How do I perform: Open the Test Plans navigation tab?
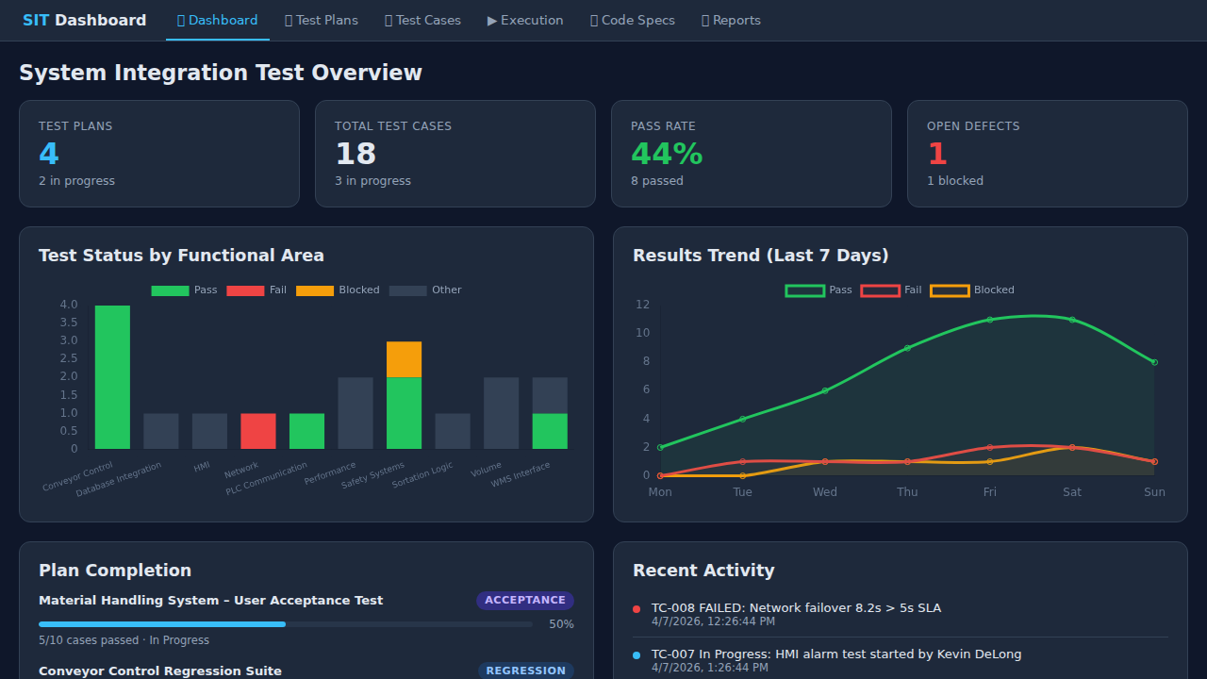pos(322,20)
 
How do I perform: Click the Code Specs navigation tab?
pos(633,20)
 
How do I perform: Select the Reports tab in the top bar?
pos(731,20)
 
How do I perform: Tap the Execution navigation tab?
pos(525,20)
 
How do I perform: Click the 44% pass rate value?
pos(667,154)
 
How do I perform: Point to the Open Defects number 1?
pos(936,154)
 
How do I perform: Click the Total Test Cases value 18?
pos(355,154)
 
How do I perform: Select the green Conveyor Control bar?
pos(112,376)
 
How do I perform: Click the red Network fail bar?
pos(258,431)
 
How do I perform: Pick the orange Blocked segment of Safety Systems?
pos(404,359)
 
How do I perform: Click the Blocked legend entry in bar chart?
pos(338,290)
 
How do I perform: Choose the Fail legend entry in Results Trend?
pos(891,290)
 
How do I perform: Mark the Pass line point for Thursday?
pos(907,348)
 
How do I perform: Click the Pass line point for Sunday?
pos(1154,362)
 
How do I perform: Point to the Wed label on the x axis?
pos(825,492)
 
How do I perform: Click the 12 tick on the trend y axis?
pos(642,305)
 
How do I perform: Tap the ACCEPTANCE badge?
pos(525,601)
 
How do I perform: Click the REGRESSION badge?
pos(525,671)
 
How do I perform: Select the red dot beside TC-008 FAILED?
pos(637,609)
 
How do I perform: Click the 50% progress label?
pos(561,624)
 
